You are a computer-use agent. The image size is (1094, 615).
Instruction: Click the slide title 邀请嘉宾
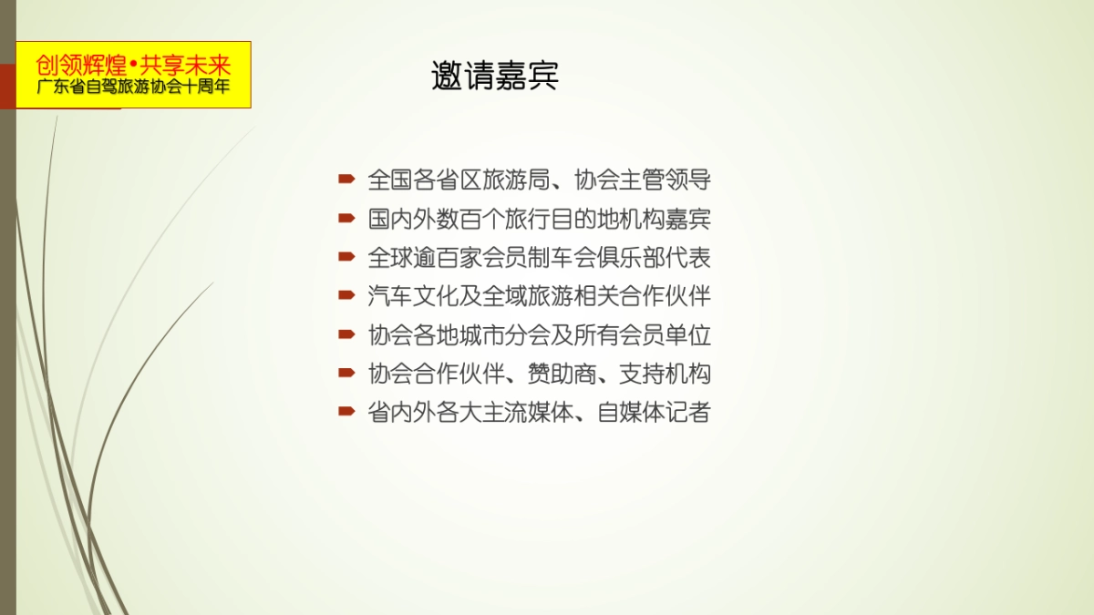495,77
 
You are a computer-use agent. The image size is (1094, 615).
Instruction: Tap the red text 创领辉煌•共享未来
133,66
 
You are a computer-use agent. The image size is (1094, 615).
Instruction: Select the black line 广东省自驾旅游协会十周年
133,89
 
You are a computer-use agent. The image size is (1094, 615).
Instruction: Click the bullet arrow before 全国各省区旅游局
346,179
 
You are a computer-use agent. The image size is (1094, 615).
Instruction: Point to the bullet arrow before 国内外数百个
346,219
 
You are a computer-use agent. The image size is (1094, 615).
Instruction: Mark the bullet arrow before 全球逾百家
346,257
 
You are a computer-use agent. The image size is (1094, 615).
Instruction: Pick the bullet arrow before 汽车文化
346,296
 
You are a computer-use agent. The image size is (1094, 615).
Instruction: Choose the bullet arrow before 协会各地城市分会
346,334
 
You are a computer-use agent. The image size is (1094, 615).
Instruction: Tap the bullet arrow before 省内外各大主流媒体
346,412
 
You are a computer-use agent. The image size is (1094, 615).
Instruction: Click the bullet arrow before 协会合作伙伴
346,374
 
